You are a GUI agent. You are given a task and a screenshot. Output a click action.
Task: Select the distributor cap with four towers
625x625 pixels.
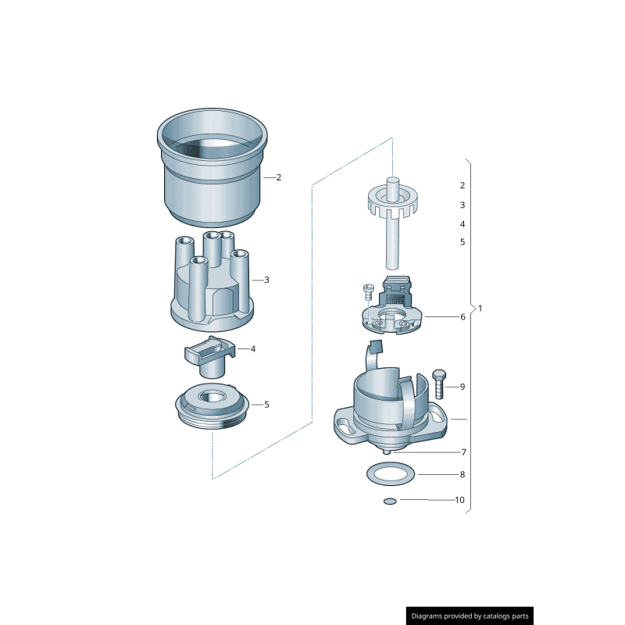pos(211,289)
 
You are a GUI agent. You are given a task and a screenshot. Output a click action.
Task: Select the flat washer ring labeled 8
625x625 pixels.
pos(390,473)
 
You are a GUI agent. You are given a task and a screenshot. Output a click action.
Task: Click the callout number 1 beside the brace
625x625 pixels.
pos(480,309)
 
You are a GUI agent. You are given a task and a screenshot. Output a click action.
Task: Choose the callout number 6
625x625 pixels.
pos(462,317)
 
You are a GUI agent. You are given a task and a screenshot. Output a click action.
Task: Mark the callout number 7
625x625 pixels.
pos(463,452)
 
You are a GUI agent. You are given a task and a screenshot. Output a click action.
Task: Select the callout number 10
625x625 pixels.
pos(459,499)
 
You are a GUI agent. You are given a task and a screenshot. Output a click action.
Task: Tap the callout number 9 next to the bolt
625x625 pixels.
pos(462,387)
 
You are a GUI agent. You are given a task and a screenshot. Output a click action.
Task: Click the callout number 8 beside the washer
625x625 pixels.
pos(462,474)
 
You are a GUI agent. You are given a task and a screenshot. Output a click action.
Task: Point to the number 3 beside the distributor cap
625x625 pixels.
pos(266,280)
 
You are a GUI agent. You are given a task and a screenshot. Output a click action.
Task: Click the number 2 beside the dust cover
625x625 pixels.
pos(278,177)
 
